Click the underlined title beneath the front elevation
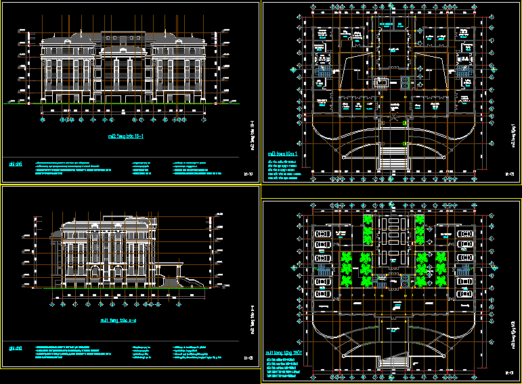click(125, 135)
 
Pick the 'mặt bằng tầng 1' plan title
click(283, 153)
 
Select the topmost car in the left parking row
click(322, 233)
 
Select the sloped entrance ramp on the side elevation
click(181, 279)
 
